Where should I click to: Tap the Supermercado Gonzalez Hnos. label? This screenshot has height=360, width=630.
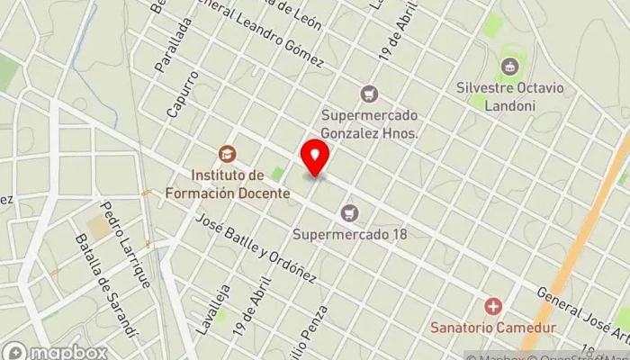point(371,123)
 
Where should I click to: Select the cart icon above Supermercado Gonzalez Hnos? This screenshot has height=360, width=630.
point(369,93)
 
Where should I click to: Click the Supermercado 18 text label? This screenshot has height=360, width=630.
point(350,234)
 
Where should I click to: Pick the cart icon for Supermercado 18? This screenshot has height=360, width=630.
point(350,213)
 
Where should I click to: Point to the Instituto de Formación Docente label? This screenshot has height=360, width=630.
point(227,184)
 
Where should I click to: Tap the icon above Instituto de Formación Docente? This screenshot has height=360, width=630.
point(226,154)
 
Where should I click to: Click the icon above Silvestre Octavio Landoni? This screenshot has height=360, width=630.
point(510,66)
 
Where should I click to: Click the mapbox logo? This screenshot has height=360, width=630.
point(56,351)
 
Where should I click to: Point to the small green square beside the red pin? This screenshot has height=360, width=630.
point(277,174)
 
